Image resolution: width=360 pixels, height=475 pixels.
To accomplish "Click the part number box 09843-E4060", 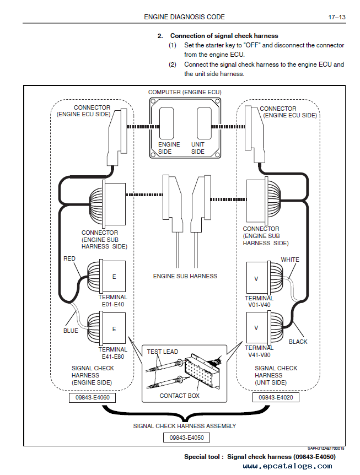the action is (93, 397).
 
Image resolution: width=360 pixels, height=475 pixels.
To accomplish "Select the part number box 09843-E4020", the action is (276, 397).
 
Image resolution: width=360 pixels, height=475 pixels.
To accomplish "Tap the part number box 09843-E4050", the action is (186, 438).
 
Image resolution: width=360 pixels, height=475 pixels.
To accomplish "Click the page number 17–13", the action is (337, 17).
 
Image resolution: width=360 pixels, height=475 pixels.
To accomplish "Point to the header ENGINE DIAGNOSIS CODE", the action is (184, 17).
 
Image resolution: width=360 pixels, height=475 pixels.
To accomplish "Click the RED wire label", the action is (69, 258).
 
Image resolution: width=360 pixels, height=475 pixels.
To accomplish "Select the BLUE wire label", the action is (71, 331).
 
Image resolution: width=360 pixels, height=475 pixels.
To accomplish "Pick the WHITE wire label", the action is (289, 260).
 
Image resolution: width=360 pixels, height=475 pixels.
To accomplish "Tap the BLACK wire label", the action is (298, 342).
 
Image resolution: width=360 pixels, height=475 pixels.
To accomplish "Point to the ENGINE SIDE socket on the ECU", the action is (166, 123).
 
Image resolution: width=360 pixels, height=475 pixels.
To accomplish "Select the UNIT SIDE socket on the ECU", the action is (204, 123).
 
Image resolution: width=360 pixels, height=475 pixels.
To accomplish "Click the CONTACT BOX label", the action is (179, 396).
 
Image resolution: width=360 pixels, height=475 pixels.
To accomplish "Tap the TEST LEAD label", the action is (163, 352).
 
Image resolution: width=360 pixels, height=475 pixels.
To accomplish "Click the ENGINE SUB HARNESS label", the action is (185, 276).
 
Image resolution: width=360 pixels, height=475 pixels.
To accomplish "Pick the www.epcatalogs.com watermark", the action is (288, 466).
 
